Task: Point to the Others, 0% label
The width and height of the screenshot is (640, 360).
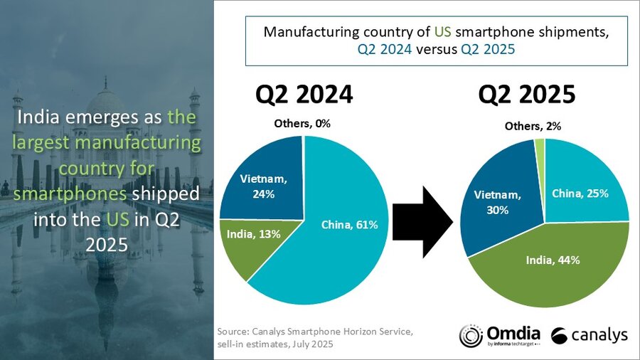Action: tap(302, 124)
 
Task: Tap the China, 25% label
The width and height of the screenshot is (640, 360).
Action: tap(580, 194)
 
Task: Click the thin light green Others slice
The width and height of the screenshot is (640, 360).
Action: tap(540, 146)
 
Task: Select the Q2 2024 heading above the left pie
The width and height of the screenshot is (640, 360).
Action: tap(304, 95)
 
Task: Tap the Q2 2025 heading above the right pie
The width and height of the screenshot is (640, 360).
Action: tap(527, 95)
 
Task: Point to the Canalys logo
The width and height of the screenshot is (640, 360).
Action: tap(590, 335)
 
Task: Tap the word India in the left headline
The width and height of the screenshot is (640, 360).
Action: tap(48, 117)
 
